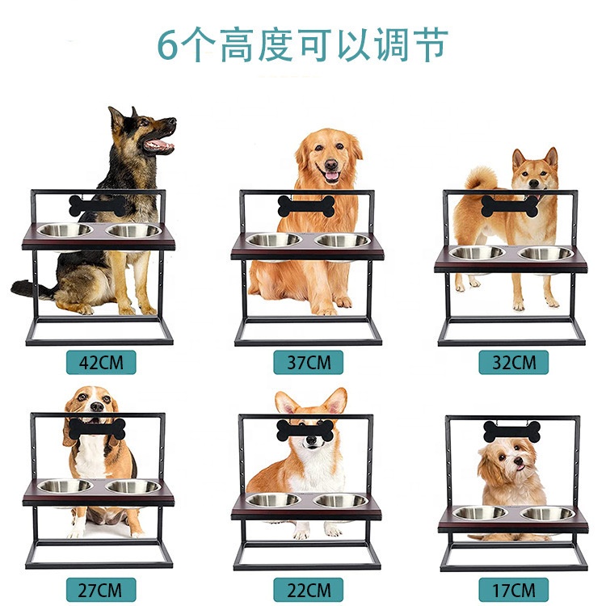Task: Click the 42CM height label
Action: point(102,361)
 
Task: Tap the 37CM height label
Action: point(306,361)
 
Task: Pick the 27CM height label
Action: point(102,587)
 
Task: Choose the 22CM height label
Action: point(306,587)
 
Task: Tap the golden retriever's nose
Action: point(330,164)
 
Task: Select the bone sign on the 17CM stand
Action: point(511,431)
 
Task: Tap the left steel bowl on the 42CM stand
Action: point(66,230)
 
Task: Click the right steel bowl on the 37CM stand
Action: point(342,240)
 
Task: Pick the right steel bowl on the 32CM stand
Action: point(545,253)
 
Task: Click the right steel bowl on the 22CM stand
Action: point(342,500)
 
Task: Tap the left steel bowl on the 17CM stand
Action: point(479,512)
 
